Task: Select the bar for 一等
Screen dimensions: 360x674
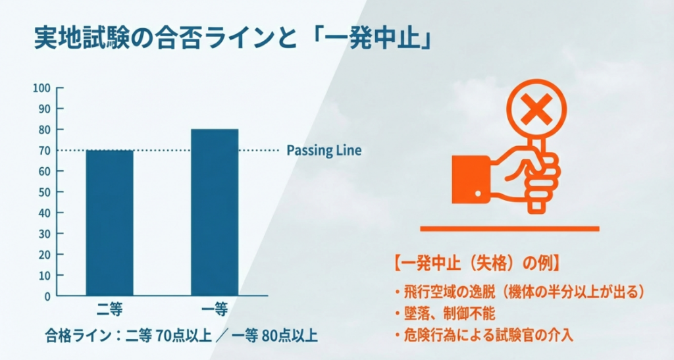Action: pos(215,212)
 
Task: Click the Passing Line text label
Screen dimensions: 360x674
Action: pos(324,150)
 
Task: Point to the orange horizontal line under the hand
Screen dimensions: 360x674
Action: pos(509,228)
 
